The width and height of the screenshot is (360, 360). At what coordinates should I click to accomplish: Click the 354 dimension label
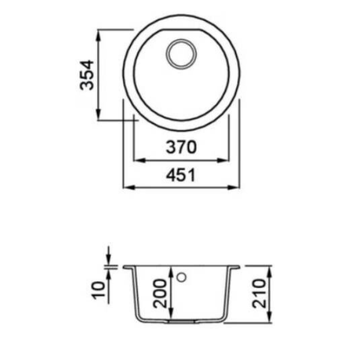[x=87, y=75]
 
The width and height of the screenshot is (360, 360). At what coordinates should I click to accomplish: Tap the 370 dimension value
[x=181, y=147]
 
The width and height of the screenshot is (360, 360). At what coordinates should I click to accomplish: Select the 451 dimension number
[x=181, y=175]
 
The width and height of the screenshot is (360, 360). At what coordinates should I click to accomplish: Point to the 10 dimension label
[x=99, y=290]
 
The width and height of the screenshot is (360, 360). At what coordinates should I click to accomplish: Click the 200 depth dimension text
[x=160, y=293]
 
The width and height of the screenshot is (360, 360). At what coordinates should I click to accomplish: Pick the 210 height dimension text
[x=259, y=293]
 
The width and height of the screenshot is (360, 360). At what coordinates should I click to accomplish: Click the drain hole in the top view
[x=181, y=54]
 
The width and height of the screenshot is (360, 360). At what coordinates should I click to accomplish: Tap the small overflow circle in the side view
[x=181, y=277]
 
